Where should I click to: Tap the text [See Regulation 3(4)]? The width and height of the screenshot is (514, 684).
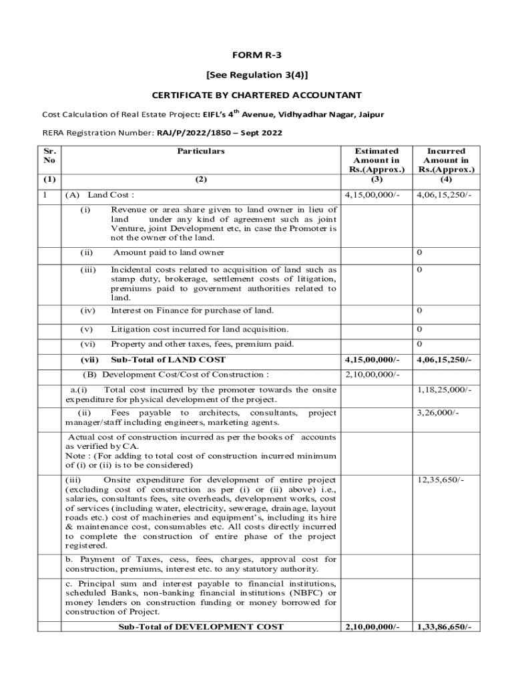click(257, 75)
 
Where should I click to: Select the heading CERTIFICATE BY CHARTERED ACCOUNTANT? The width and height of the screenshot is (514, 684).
click(257, 96)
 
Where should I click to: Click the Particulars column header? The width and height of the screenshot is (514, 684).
click(200, 151)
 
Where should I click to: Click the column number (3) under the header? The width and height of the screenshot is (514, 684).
click(376, 179)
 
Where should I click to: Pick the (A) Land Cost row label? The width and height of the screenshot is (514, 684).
click(99, 195)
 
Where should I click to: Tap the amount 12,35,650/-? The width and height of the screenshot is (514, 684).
click(441, 480)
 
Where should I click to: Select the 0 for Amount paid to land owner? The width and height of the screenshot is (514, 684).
click(419, 252)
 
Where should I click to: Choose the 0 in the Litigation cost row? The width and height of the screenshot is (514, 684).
click(419, 329)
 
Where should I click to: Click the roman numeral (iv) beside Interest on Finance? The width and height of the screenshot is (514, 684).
click(87, 311)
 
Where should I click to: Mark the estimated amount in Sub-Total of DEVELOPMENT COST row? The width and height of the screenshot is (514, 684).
click(372, 627)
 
